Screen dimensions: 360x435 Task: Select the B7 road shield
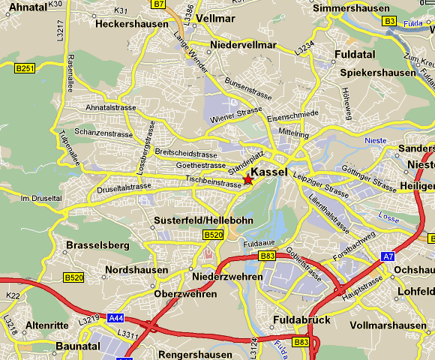[158, 4]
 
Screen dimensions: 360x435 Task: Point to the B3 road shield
[389, 21]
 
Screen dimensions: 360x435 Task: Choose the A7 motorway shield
[388, 256]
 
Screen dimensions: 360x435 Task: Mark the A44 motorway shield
[116, 318]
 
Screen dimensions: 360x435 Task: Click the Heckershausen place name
[131, 24]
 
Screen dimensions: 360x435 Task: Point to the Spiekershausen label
[378, 73]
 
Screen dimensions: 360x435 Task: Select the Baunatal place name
[80, 346]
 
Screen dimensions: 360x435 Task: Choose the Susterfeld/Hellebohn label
[203, 220]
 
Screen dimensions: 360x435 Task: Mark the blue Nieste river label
[375, 140]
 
